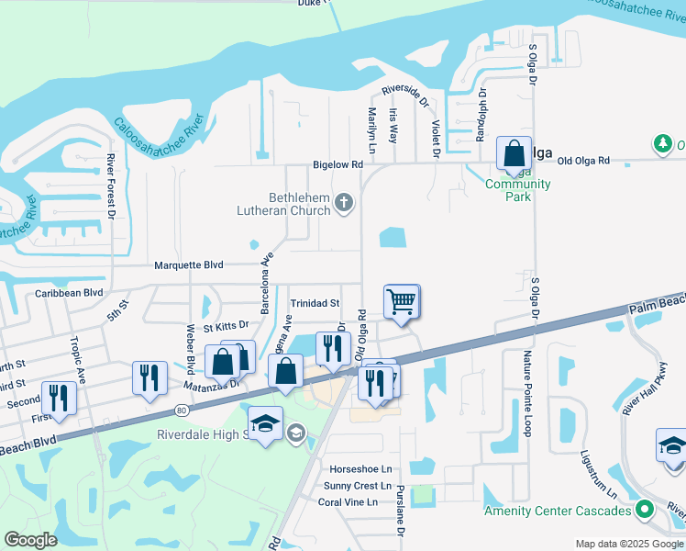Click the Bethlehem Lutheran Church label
299,204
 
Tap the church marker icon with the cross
344,203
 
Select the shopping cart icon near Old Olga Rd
402,300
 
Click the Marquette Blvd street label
189,264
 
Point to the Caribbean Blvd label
69,293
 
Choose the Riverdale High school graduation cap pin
266,423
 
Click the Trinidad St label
315,303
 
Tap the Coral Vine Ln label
348,502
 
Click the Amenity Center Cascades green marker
645,510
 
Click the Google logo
30,540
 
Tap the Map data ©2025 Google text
629,544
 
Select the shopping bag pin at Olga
514,152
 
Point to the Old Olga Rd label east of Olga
583,161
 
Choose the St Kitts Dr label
226,325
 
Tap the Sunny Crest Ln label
358,486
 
